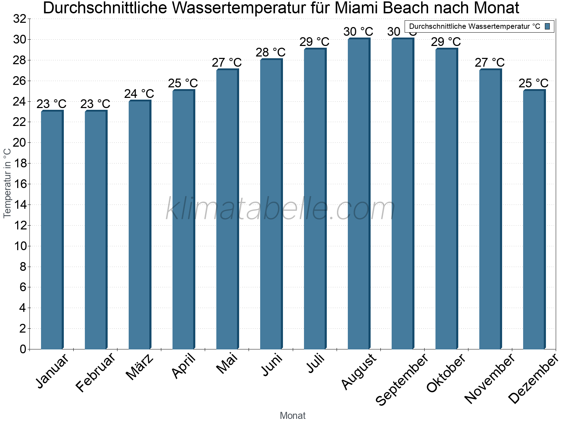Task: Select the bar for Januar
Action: coord(52,230)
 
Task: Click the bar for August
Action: coord(359,194)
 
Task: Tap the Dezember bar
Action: coord(534,219)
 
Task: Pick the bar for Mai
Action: coord(227,209)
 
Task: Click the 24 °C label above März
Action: coord(139,94)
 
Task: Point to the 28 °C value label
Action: coord(271,53)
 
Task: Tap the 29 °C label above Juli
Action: coord(315,42)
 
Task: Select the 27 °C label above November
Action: coord(490,63)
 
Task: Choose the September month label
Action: coord(402,379)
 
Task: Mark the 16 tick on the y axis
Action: coord(20,184)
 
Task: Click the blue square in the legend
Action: coord(548,26)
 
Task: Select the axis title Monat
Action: coord(293,415)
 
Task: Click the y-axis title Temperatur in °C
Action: coord(7,183)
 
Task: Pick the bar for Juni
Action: coord(271,204)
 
